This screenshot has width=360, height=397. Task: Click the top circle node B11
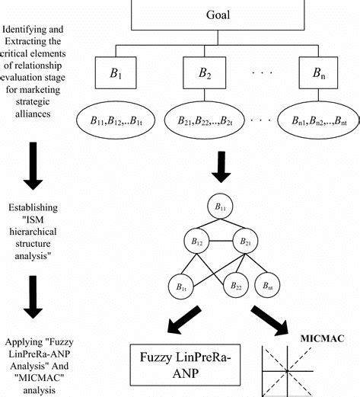[x=221, y=206]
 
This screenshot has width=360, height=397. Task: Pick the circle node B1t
[x=180, y=287]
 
